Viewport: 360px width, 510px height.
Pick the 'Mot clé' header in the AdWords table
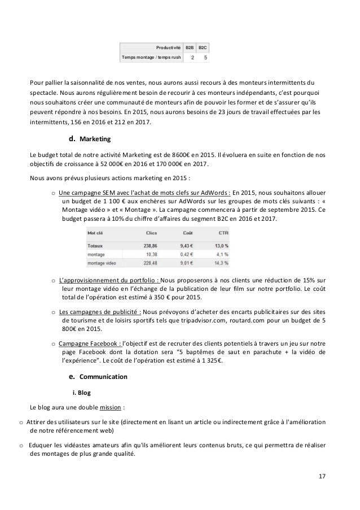tap(95, 232)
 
